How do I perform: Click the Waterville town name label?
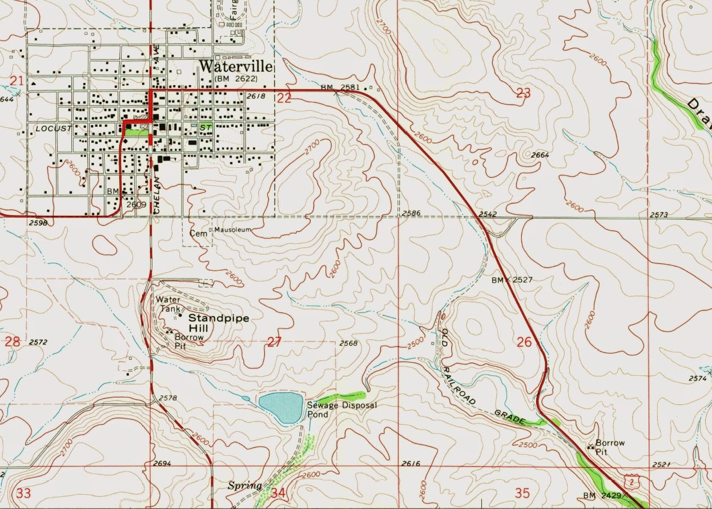(236, 66)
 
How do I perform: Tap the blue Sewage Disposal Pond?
(280, 407)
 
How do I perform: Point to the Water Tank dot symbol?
(181, 314)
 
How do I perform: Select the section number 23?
(523, 94)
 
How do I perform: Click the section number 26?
(524, 342)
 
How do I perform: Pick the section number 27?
(275, 342)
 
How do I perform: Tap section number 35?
(522, 492)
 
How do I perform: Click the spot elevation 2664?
(540, 155)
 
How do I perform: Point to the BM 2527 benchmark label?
(512, 280)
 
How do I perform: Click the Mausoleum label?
(232, 230)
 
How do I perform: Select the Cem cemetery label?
(198, 233)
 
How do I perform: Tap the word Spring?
(244, 486)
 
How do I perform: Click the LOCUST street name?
(53, 129)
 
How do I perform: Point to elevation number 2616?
(411, 463)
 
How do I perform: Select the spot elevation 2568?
(348, 343)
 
